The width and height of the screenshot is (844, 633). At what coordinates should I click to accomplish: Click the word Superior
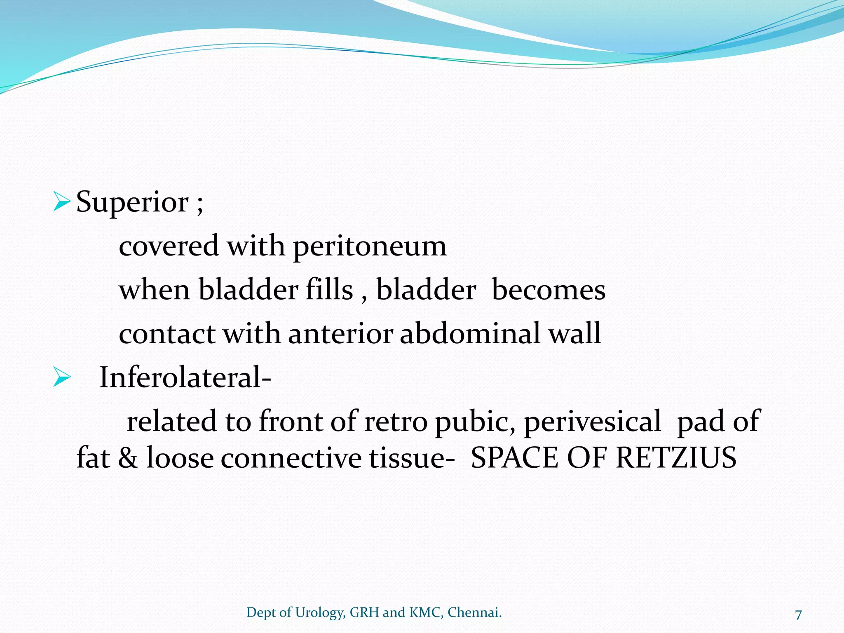coord(132,203)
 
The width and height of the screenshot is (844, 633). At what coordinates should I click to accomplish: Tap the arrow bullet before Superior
coord(62,202)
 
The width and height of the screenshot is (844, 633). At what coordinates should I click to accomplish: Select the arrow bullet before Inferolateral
coord(62,377)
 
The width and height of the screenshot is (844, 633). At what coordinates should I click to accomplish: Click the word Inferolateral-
coord(185,377)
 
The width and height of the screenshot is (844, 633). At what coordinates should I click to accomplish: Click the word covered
coord(169,246)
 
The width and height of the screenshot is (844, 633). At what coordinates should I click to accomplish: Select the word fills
coord(329,289)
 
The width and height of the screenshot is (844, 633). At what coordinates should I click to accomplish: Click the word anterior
coord(340,333)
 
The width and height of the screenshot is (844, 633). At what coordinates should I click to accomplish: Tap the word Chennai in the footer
coord(474,612)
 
